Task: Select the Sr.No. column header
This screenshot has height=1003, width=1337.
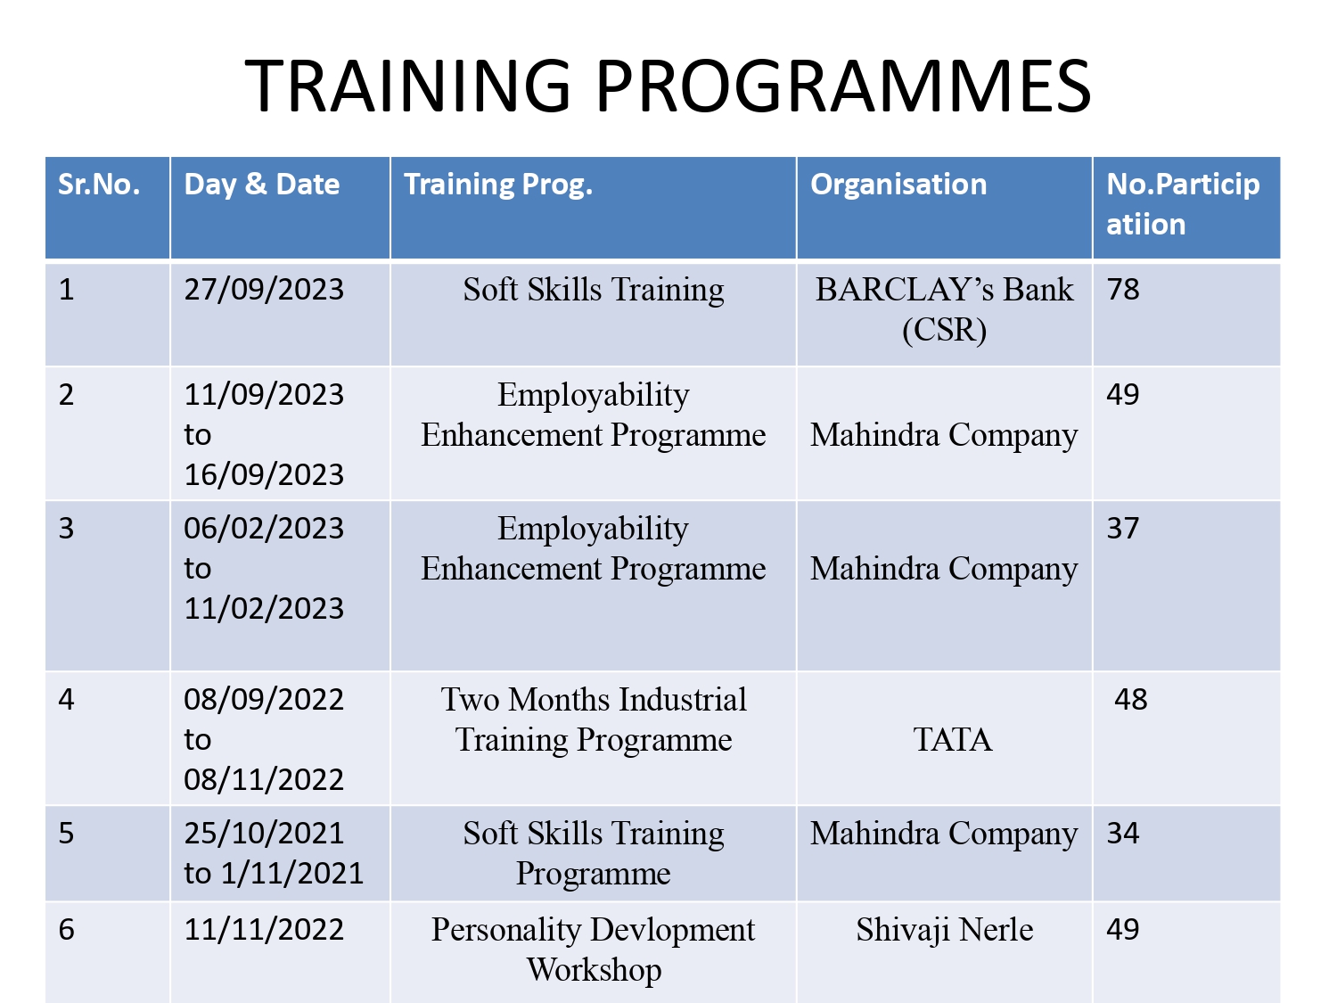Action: tap(99, 184)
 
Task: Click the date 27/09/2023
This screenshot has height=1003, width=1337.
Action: tap(264, 289)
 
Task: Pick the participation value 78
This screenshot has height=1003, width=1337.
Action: tap(1122, 289)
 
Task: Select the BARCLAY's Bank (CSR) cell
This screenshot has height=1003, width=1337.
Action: tap(944, 309)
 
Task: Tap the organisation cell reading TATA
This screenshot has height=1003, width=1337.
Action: tap(953, 740)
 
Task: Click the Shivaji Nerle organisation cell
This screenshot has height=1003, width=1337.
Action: tap(945, 930)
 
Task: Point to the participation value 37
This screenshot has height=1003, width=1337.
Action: tap(1122, 529)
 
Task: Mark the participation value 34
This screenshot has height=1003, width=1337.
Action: tap(1122, 833)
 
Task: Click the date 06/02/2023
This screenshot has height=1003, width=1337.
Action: tap(264, 529)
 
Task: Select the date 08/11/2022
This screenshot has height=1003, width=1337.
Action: tap(264, 780)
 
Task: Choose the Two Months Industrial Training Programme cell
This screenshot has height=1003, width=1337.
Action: tap(594, 719)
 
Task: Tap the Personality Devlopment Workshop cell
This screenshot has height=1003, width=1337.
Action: tap(594, 950)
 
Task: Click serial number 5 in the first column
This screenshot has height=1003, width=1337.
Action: tap(66, 833)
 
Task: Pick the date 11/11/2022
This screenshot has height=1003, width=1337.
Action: tap(264, 930)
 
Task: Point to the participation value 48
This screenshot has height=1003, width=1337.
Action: tap(1130, 699)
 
